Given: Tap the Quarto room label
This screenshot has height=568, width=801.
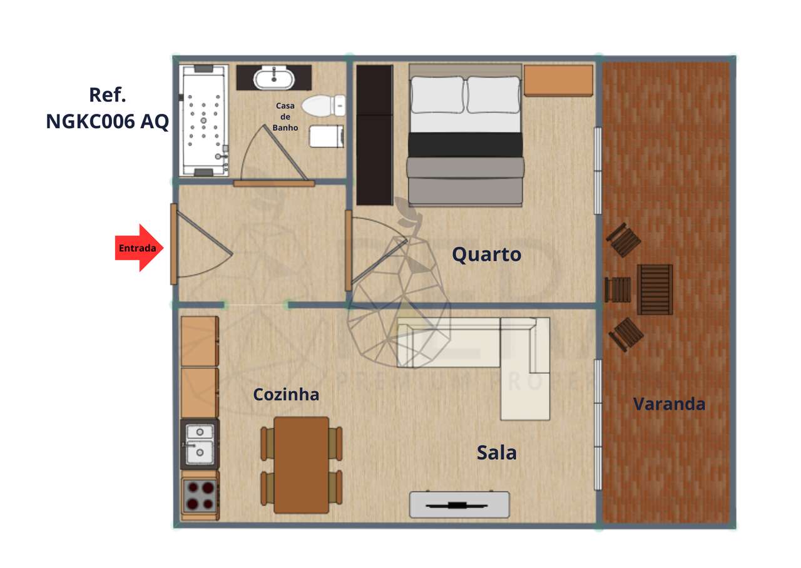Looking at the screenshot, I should click(x=486, y=255).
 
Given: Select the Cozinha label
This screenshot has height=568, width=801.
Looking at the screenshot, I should click(x=286, y=395).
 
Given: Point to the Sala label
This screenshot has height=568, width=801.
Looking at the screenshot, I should click(x=496, y=452).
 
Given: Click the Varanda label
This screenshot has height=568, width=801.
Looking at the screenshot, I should click(x=669, y=404).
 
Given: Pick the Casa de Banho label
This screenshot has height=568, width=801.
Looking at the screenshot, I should click(x=285, y=117).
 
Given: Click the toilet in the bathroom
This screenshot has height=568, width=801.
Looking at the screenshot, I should click(x=323, y=105).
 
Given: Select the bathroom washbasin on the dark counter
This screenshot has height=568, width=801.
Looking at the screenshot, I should click(x=274, y=78).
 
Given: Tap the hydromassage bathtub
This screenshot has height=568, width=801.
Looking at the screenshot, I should click(x=204, y=121).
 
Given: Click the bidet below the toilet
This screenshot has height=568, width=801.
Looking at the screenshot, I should click(x=327, y=136).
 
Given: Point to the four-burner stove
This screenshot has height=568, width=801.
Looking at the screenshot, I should click(x=200, y=495).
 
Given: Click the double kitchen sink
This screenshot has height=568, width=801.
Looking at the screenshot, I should click(x=200, y=443).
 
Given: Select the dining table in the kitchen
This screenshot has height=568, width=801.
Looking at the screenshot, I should click(x=302, y=464).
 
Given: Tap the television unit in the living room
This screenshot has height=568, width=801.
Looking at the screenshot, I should click(x=459, y=505).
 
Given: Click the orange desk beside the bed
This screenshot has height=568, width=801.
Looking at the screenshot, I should click(x=558, y=81).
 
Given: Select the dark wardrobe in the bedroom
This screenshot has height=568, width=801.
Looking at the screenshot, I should click(x=374, y=134).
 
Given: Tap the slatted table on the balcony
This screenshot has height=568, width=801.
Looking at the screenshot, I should click(x=655, y=289).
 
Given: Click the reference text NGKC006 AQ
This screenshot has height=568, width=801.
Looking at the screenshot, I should click(x=107, y=121).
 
